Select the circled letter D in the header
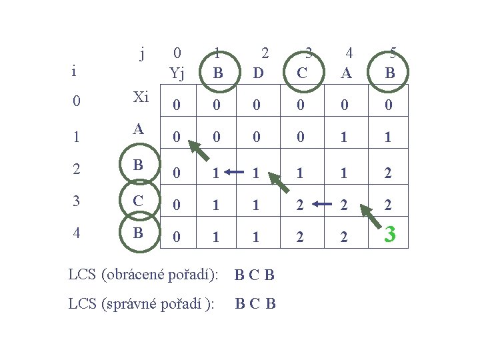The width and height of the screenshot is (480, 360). pos(259,72)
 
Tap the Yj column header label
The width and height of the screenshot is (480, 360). pos(177,73)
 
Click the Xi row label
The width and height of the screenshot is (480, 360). pos(141,97)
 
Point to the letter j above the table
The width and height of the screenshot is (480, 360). pos(142,53)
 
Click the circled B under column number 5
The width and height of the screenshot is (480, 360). pos(390,72)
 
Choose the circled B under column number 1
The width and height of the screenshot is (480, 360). pos(217,72)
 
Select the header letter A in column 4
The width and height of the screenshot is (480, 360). pos(346,73)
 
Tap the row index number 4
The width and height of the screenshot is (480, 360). pos(77,234)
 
